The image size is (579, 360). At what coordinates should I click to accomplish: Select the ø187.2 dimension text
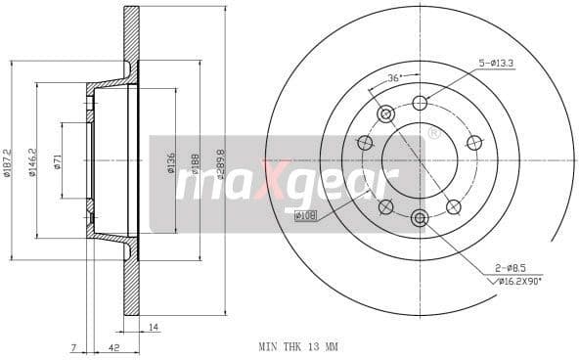7,163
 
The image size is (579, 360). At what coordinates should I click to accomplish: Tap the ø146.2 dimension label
32,164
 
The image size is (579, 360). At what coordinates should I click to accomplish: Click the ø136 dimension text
171,163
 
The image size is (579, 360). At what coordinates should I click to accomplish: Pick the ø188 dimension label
196,163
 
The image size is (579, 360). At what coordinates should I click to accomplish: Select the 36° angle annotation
395,77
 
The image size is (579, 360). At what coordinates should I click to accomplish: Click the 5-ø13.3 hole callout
497,65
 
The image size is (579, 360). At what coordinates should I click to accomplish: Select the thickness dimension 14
154,326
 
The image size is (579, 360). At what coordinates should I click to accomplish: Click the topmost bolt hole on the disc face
420,103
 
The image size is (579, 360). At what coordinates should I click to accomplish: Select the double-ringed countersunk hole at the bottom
420,217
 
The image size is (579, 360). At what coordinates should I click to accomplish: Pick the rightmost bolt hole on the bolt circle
474,143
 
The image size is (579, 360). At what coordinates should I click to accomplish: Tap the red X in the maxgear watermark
266,180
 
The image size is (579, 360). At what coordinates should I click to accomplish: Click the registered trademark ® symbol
431,132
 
